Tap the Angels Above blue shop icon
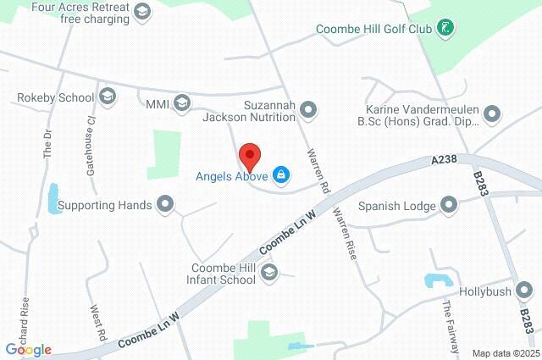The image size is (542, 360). (x=281, y=176)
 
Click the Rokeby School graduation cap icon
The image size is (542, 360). (x=107, y=97)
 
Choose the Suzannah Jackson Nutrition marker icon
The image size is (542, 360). (x=308, y=108)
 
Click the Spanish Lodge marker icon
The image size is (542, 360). (x=449, y=205)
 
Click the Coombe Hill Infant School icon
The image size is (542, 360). (x=269, y=272)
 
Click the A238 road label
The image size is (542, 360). (x=444, y=158)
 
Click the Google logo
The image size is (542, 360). (x=28, y=350)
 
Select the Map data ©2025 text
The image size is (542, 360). (x=505, y=353)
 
